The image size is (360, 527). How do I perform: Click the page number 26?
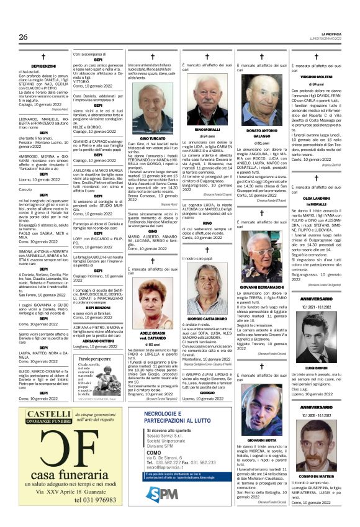pyautogui.click(x=23, y=37)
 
